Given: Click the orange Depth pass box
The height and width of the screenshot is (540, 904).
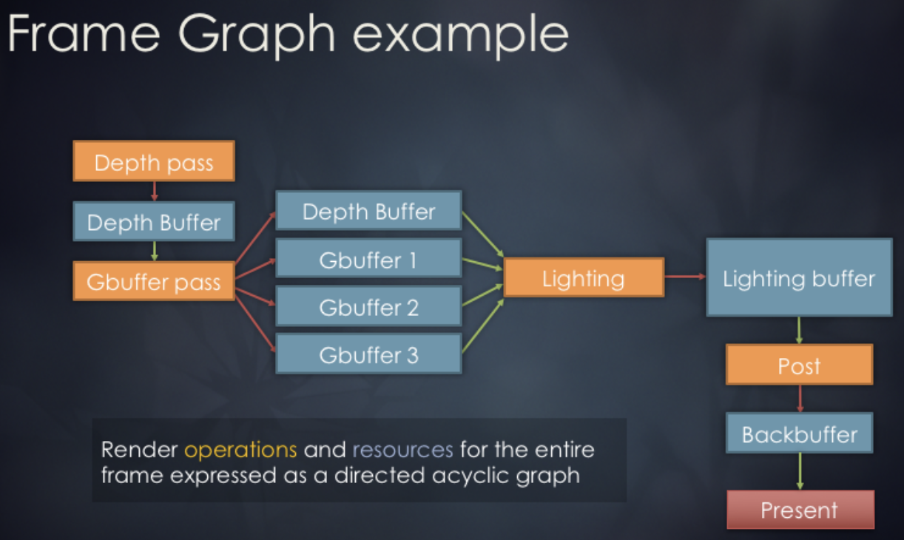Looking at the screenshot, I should coord(154,161).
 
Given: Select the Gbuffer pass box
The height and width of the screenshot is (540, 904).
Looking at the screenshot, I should coord(154,281).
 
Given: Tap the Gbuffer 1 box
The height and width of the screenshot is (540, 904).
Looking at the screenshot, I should coord(368,260).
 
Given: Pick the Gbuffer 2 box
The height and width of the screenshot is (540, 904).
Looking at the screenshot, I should coord(368,307).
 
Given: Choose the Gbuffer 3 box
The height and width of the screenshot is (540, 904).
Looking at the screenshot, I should coord(368,354).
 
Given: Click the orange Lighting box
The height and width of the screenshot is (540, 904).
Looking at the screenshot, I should coord(584,277).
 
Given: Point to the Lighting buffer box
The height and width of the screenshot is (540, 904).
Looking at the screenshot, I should coord(799,277).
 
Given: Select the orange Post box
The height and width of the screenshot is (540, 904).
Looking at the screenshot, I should coord(799,365).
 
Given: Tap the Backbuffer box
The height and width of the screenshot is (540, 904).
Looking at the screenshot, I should coord(799,433).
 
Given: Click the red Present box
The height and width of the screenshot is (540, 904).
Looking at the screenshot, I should coord(800,510).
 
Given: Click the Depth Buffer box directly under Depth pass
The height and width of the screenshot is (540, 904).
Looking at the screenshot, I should coord(154,221).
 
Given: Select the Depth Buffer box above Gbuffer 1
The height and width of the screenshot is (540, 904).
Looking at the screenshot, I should coord(368,212).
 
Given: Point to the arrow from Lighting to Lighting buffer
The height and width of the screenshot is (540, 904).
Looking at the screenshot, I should coord(684,277).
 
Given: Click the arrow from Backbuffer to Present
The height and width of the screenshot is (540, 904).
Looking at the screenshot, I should coord(800,471).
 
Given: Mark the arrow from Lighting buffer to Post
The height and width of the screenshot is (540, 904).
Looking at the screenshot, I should coord(799,330).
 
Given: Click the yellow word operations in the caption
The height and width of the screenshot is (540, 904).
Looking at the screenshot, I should coord(240,449).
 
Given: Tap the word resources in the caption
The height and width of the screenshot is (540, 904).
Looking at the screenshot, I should coord(402,449).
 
